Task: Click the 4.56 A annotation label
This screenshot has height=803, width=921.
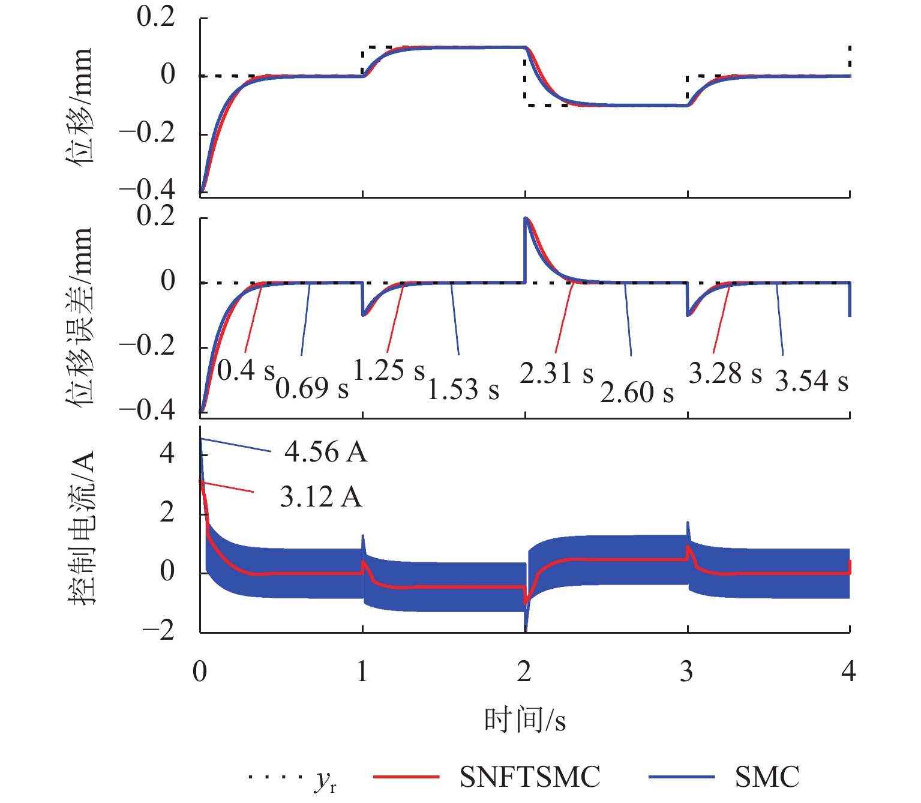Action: pos(325,452)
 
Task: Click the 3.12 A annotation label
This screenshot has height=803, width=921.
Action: pos(321,498)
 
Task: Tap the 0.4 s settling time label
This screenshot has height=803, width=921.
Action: pos(245,371)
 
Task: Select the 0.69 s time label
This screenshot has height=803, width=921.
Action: pos(312,388)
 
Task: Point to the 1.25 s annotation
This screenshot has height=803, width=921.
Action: pos(389,371)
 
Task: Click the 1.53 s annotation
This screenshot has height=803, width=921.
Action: pos(463,389)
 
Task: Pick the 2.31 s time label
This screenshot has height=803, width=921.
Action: pos(556,373)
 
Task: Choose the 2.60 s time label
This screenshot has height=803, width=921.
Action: pos(637,392)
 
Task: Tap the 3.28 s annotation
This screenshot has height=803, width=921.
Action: pos(725,373)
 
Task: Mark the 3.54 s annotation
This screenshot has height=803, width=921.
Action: pos(811,381)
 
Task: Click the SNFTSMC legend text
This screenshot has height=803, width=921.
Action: pos(530,777)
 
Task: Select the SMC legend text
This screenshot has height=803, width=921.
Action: pos(767,777)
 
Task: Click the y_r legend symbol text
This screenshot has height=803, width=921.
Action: pos(325,780)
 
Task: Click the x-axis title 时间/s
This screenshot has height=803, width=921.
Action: pos(525,720)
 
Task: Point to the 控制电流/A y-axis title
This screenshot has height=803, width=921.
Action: pos(82,528)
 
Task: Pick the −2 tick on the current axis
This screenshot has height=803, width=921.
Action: pos(158,631)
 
